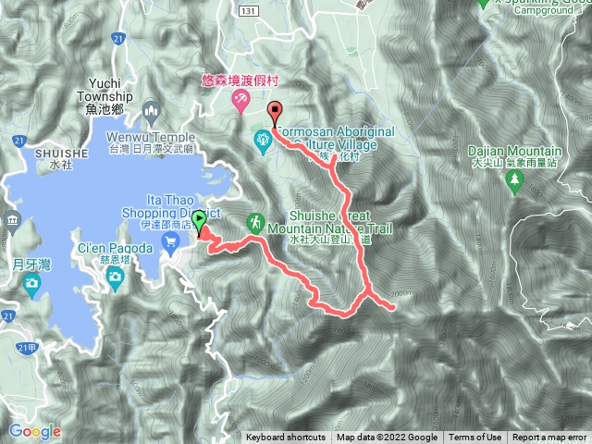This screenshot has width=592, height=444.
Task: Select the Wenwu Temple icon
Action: [x=154, y=112]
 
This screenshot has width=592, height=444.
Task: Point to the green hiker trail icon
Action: [x=254, y=223]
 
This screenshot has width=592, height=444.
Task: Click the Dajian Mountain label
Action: [x=516, y=152]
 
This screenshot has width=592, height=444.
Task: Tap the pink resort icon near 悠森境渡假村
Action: [x=240, y=99]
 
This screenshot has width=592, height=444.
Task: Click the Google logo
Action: [x=35, y=431]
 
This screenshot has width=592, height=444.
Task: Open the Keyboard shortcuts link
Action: [x=286, y=438]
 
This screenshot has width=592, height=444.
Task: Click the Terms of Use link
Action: [x=475, y=438]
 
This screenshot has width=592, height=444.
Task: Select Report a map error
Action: [x=549, y=438]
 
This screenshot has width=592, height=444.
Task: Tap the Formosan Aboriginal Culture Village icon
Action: [x=263, y=140]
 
